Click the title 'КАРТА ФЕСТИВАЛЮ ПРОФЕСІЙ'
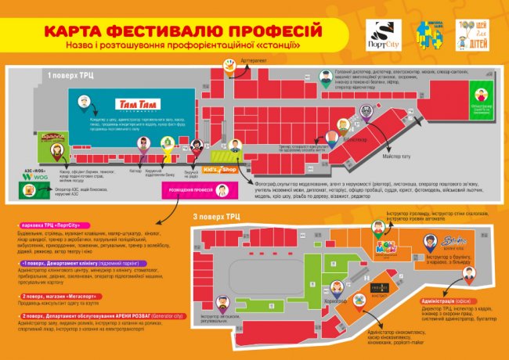183,31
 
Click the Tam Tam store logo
137,104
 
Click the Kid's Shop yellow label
219,168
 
